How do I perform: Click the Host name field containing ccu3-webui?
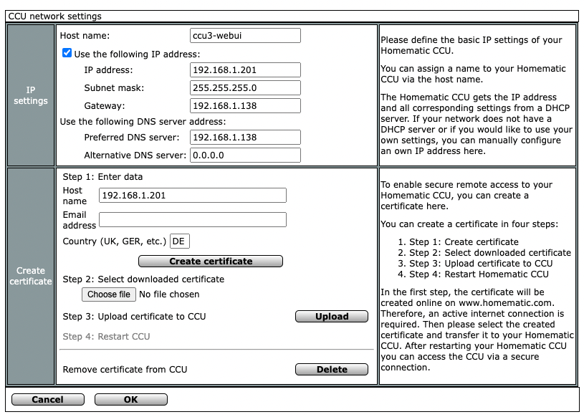coord(245,36)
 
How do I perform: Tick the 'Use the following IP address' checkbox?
coord(67,53)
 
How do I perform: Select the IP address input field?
coord(245,70)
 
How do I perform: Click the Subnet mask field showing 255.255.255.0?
coord(245,88)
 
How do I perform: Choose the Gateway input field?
coord(245,106)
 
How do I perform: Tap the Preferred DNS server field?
coord(245,138)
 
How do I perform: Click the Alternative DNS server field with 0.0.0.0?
coord(245,155)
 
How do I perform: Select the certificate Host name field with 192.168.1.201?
coord(192,196)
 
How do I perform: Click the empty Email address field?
coord(192,220)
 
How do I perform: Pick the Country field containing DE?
coord(180,241)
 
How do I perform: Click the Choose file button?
coord(108,294)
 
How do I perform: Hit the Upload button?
coord(332,317)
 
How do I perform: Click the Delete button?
coord(332,370)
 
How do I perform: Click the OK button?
coord(130,400)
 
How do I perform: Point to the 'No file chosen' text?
coord(169,294)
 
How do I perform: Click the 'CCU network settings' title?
coord(54,16)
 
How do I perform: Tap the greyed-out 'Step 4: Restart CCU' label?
coord(106,337)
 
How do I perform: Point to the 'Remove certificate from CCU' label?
coord(125,370)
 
